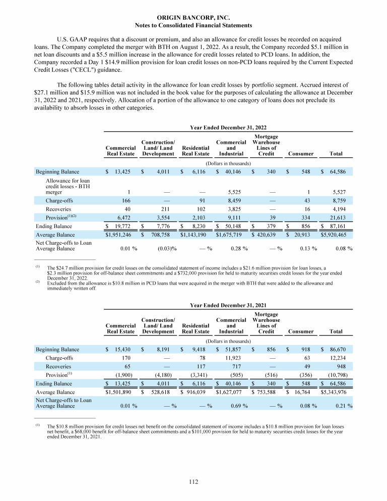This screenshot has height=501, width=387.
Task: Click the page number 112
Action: [x=193, y=482]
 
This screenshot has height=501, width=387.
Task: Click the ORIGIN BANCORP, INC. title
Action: [x=193, y=17]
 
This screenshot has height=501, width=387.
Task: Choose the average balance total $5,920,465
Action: [x=337, y=235]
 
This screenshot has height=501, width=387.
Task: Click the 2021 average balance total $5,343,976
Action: [x=337, y=393]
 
